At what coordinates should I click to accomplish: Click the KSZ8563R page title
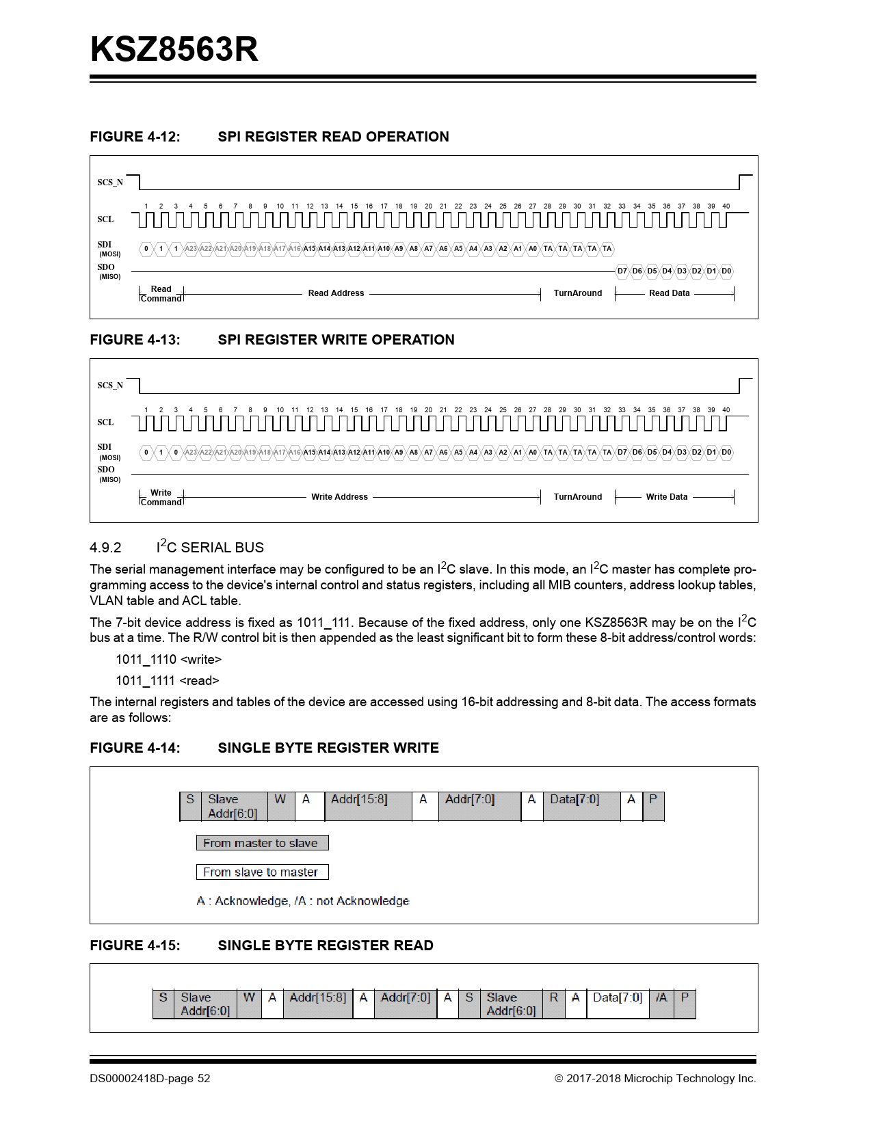tap(174, 49)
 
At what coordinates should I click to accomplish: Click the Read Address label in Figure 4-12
tap(336, 293)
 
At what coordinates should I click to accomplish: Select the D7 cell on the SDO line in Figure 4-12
tap(622, 271)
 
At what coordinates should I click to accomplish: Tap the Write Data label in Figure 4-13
tap(666, 497)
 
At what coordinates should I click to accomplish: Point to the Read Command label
tap(161, 294)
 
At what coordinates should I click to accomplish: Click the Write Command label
tap(161, 498)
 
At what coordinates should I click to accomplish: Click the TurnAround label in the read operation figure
tap(577, 293)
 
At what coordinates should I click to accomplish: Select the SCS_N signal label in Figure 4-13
tap(110, 386)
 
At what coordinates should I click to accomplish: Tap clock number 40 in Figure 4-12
tap(726, 206)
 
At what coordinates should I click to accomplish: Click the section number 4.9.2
tap(105, 548)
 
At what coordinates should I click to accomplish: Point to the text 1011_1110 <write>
tap(168, 660)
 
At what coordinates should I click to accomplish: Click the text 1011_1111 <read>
tap(167, 681)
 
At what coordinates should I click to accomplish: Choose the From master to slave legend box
tap(262, 843)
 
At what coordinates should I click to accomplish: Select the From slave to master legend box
tap(262, 872)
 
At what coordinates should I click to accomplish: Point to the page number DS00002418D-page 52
tap(150, 1079)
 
